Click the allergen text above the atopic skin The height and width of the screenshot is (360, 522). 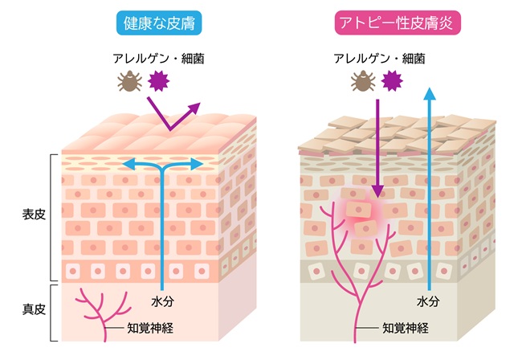378,58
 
